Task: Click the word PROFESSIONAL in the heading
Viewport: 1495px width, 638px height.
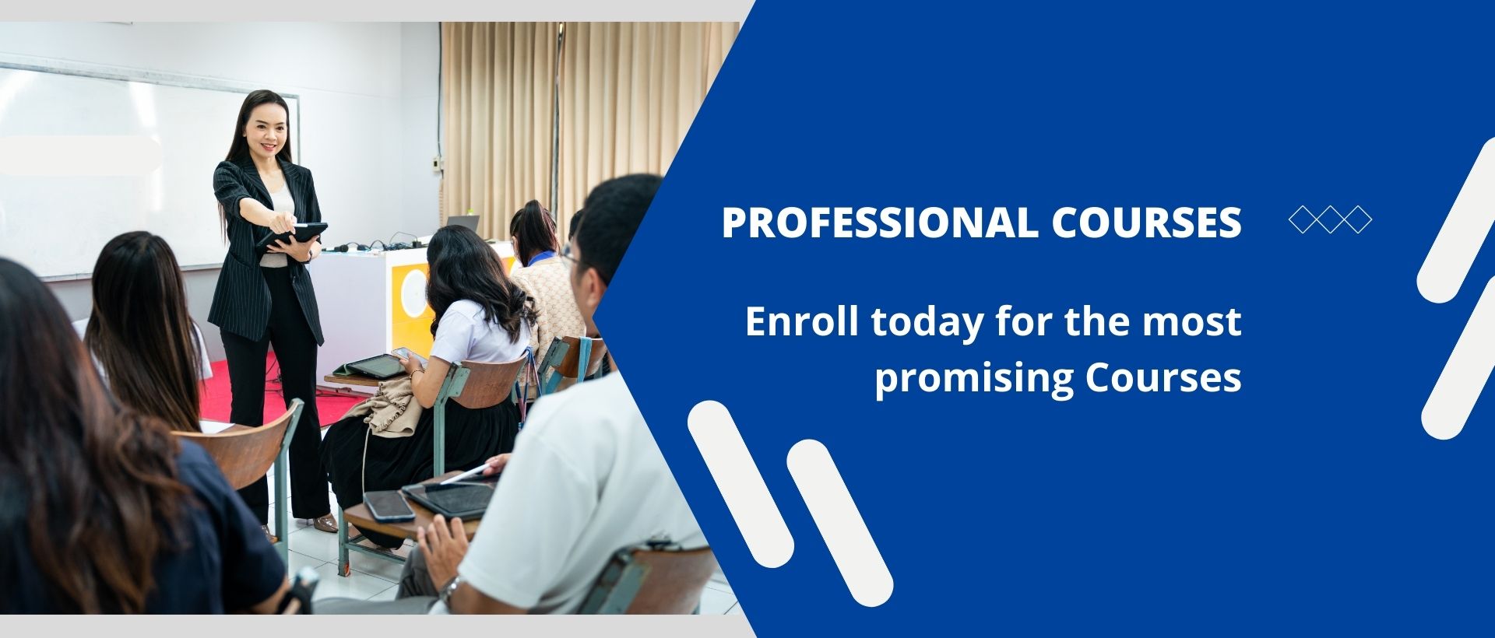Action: (x=880, y=223)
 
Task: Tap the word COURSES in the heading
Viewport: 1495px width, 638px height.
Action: (x=1146, y=223)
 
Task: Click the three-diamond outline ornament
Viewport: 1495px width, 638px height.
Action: (x=1330, y=219)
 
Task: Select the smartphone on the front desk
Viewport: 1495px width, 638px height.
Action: (x=389, y=505)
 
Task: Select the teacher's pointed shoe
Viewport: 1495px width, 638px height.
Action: (x=325, y=524)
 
